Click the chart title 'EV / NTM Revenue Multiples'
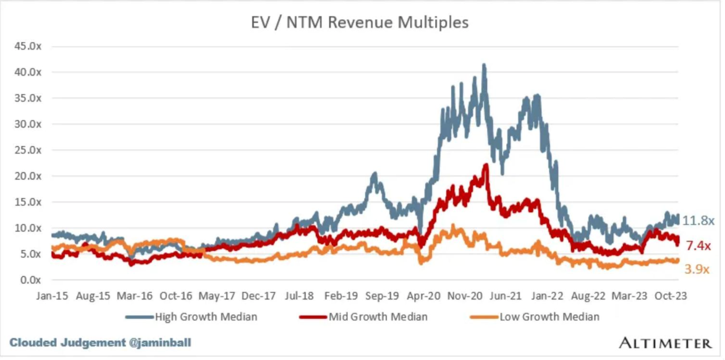point(359,22)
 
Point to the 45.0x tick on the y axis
point(28,46)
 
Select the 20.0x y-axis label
point(28,176)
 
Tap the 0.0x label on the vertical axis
point(30,280)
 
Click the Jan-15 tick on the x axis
point(52,296)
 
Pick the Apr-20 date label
point(423,296)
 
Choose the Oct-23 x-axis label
point(671,296)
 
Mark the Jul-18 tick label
point(299,296)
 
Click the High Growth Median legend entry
point(206,317)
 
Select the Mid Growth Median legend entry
point(378,317)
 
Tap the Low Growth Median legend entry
point(549,317)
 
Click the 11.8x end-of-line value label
point(698,221)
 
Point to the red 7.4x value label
point(698,246)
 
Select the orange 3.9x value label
point(696,269)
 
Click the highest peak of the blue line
point(484,65)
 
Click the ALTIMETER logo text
point(665,343)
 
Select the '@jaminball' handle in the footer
point(160,343)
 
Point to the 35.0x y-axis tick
point(28,98)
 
